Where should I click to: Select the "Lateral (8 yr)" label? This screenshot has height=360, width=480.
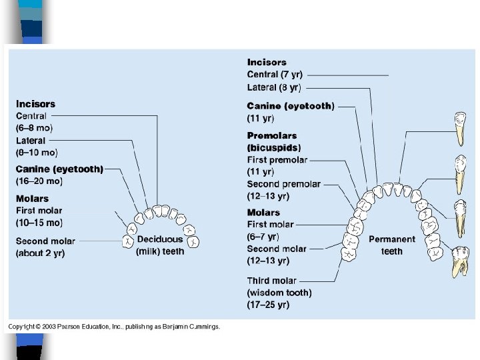click(273, 87)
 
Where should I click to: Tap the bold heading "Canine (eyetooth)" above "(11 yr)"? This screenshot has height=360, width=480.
click(291, 106)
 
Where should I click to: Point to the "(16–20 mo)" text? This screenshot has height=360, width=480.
click(39, 181)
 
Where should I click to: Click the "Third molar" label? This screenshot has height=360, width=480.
click(271, 281)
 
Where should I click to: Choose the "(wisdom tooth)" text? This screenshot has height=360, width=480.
click(279, 293)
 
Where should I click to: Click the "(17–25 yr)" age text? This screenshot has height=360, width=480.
click(268, 305)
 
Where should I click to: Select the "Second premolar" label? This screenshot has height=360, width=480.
click(283, 184)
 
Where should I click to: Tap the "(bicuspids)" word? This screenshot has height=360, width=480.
click(274, 147)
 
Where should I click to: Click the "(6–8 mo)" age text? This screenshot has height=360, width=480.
click(35, 128)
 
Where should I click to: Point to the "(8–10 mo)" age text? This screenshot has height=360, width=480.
click(37, 153)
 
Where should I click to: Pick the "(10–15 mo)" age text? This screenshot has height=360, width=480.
click(39, 223)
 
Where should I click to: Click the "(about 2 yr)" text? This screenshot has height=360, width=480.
click(41, 253)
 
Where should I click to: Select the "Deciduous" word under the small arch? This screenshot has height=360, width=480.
click(159, 239)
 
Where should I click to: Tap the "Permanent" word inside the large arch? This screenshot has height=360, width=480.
click(392, 239)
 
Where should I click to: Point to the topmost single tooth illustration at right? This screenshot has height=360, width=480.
click(459, 129)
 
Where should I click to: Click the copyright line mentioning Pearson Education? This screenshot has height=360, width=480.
click(113, 326)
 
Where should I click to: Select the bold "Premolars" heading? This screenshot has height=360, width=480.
click(271, 136)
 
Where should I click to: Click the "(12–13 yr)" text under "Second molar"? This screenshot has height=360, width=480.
click(268, 261)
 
